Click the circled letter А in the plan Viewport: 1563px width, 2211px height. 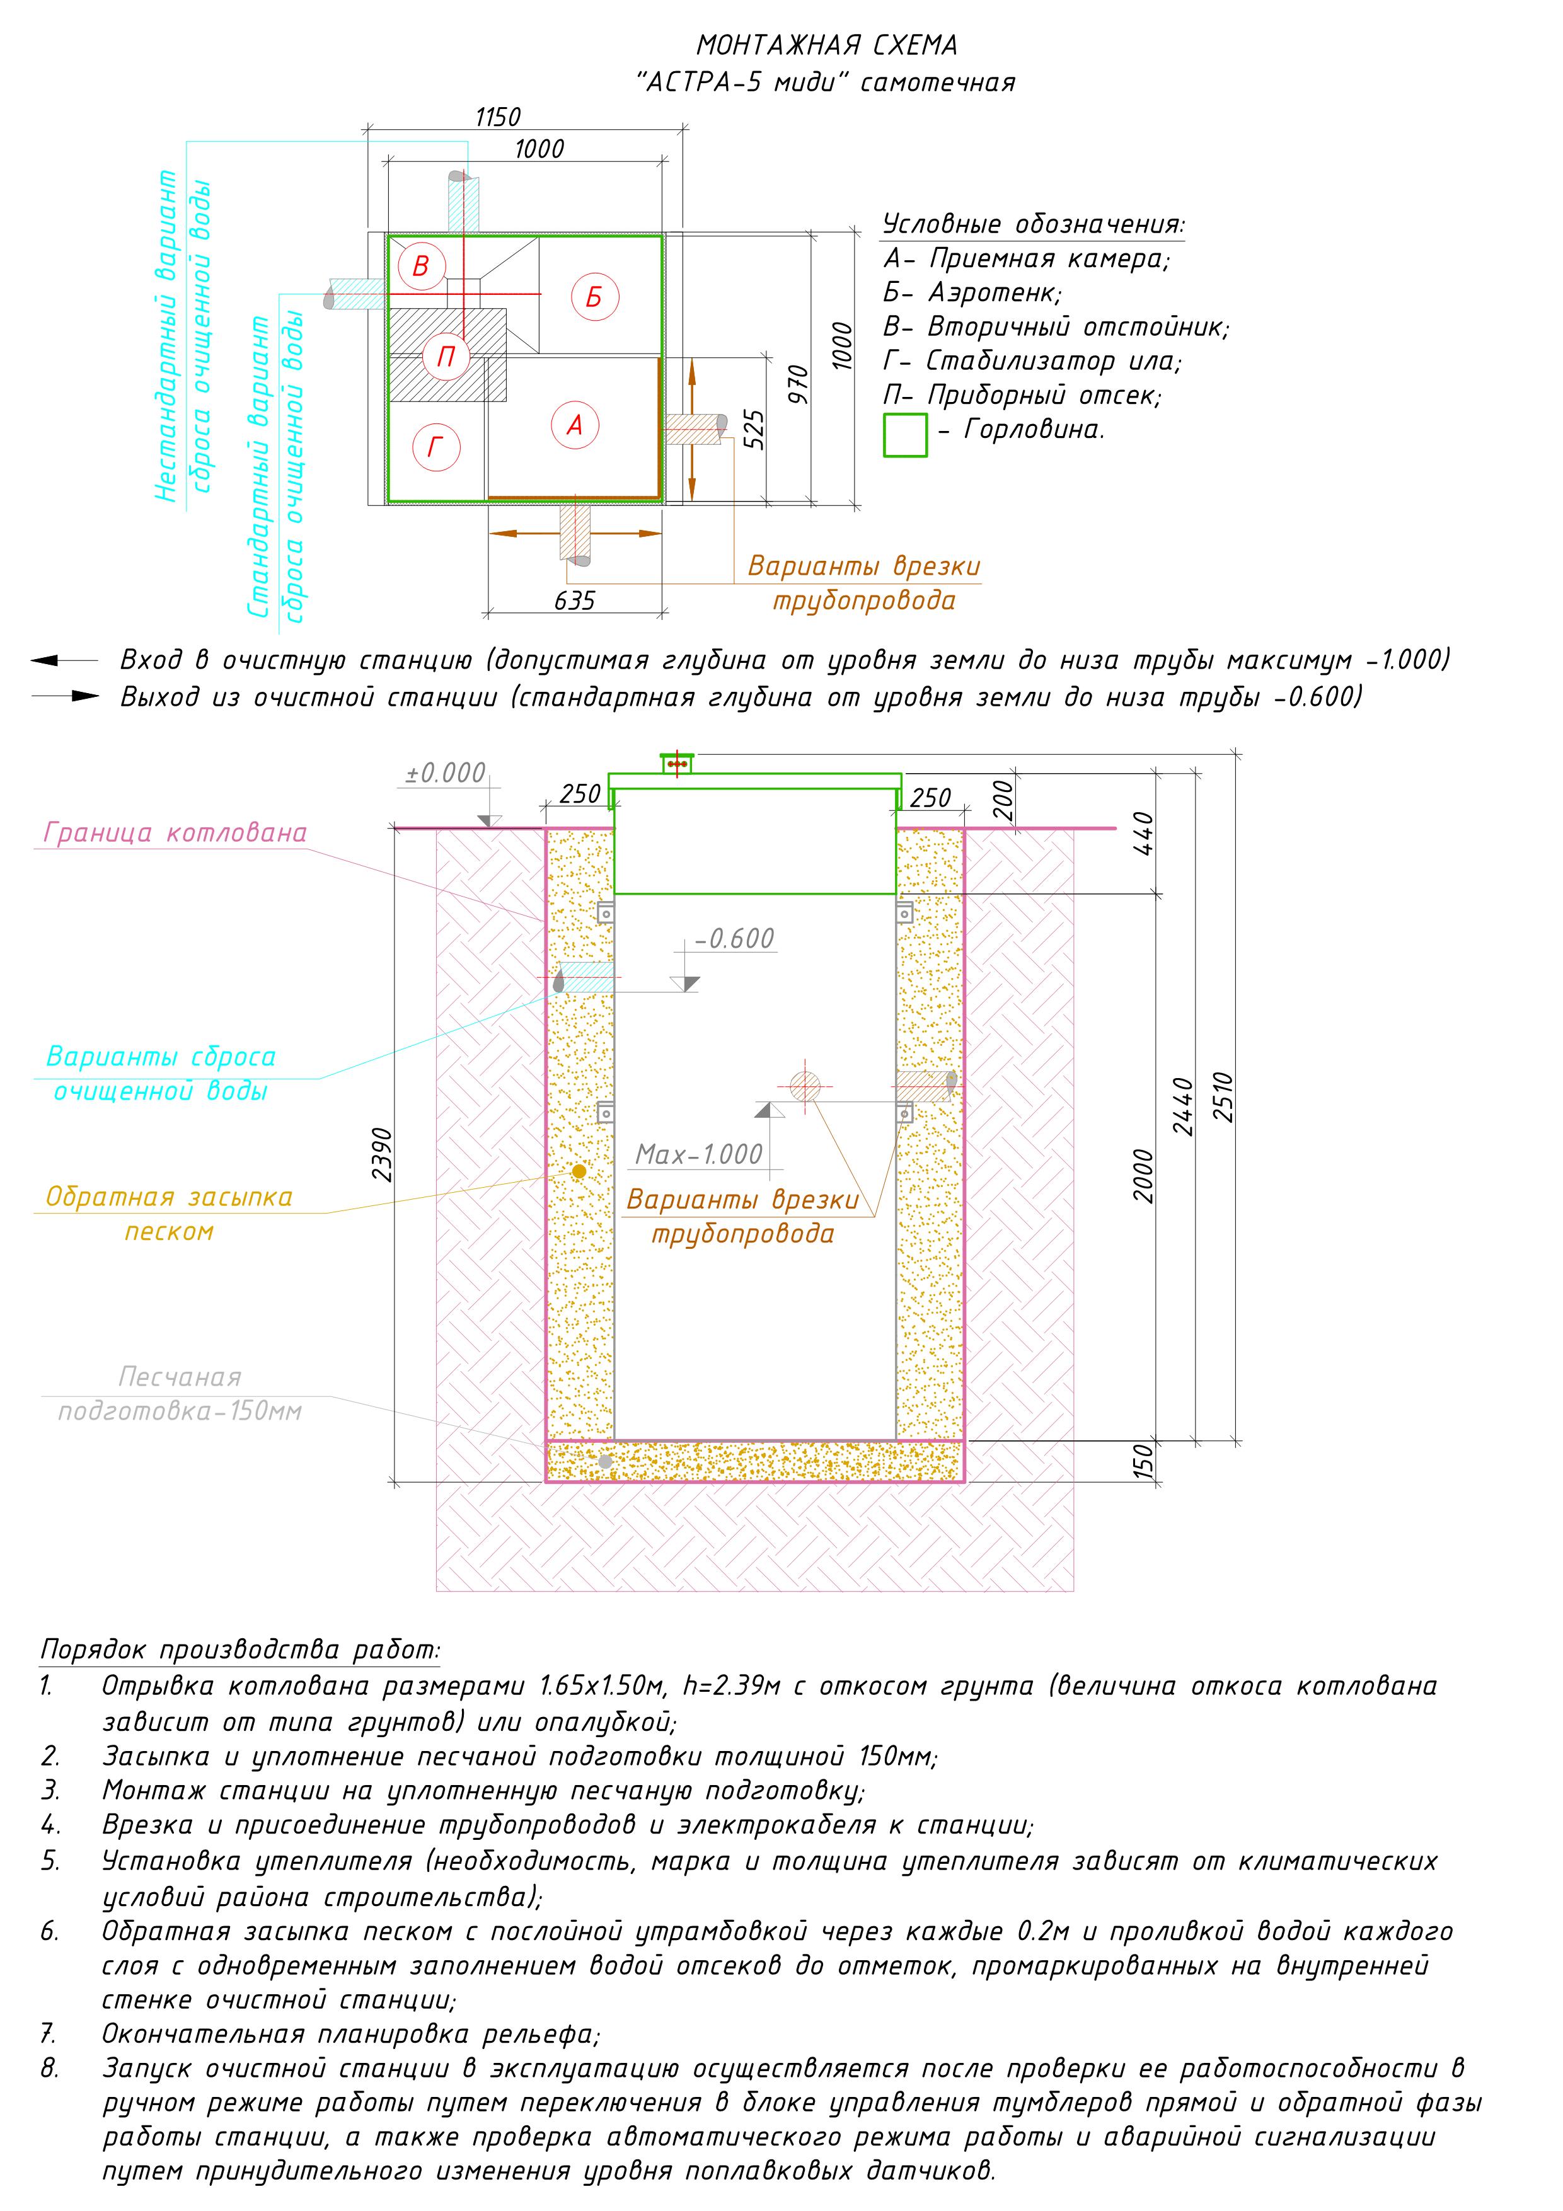pos(575,425)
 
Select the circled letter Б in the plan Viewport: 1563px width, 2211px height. pos(593,297)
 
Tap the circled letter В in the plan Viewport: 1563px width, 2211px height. pos(420,266)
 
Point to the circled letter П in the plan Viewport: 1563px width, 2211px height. pos(446,357)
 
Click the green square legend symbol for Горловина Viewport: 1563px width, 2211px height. pos(905,434)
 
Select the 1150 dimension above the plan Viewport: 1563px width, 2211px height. pos(498,117)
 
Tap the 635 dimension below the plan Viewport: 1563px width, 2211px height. pos(575,601)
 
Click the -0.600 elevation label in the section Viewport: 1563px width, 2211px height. pos(735,938)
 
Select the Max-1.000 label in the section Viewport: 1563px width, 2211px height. pos(699,1154)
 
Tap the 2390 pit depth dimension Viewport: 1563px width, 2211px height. pos(383,1154)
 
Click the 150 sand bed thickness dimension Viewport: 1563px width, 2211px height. pos(1143,1460)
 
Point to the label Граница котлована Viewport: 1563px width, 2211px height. pos(175,833)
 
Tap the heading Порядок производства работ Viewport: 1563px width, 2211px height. pos(239,1650)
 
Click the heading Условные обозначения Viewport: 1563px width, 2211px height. pos(1034,224)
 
